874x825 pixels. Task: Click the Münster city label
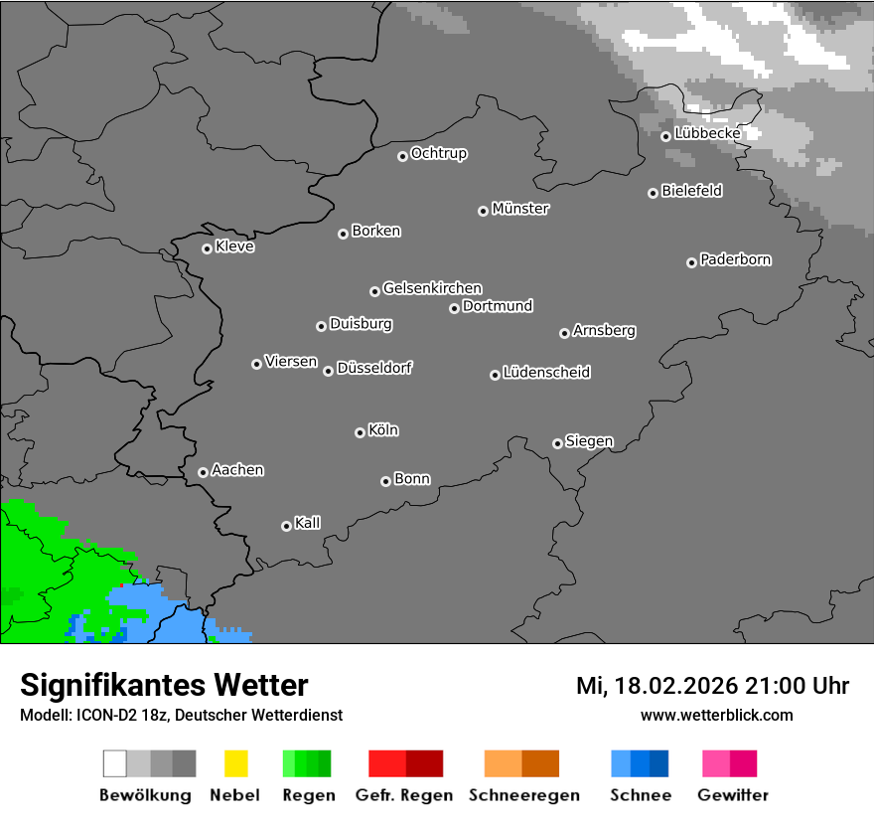[x=520, y=209]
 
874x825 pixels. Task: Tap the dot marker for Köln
[x=360, y=432]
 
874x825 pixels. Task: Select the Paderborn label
[x=735, y=259]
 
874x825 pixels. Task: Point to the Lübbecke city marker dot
[x=666, y=136]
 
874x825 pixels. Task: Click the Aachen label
[x=237, y=470]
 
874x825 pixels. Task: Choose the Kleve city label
[x=234, y=247]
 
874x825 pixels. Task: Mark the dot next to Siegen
[x=557, y=443]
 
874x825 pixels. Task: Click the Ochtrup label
[x=438, y=153]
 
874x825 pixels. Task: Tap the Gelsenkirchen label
[x=432, y=288]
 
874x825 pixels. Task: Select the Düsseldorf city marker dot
[x=328, y=371]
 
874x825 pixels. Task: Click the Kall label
[x=307, y=523]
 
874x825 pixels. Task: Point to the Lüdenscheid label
[x=546, y=373]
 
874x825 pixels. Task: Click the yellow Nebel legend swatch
[x=235, y=763]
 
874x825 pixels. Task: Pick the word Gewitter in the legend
[x=733, y=795]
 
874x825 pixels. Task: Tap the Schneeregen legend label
[x=524, y=795]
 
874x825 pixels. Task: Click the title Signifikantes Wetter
[x=164, y=685]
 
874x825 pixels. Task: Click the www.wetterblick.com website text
[x=717, y=715]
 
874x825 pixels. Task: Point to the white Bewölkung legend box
[x=115, y=763]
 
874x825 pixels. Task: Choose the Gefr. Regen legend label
[x=404, y=795]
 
